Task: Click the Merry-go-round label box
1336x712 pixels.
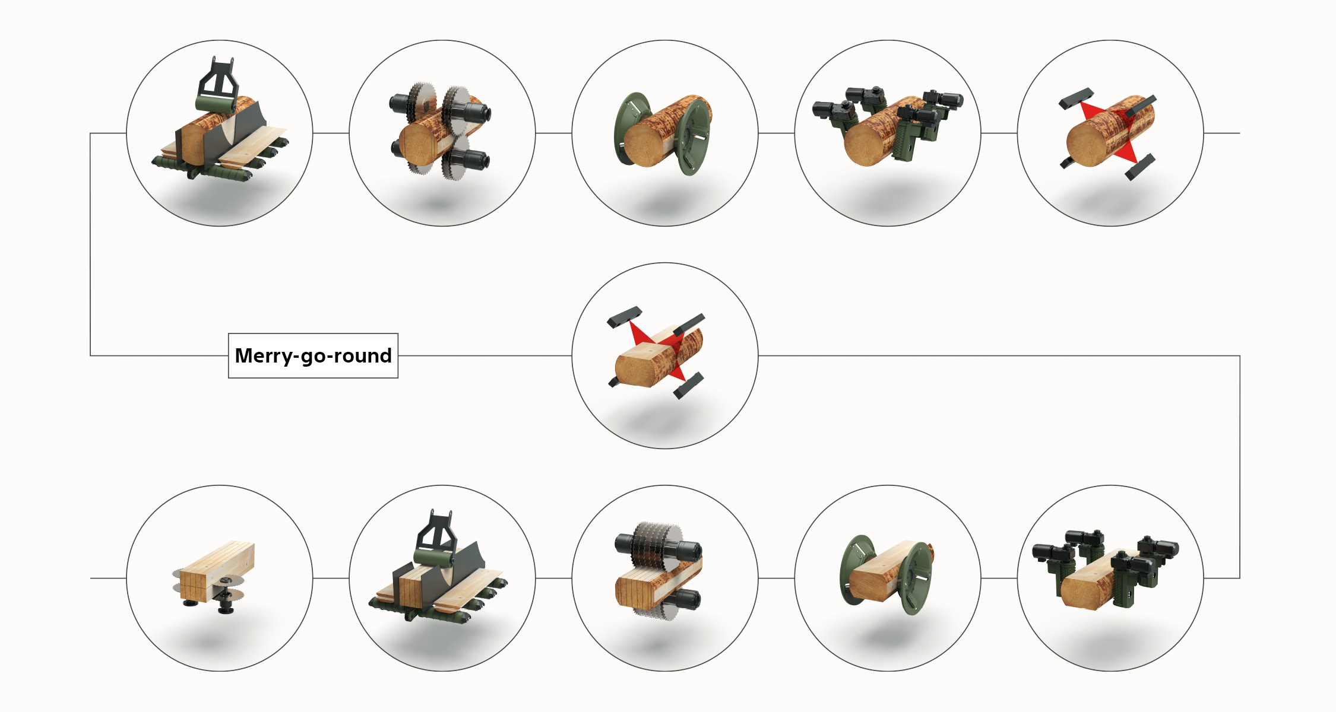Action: click(313, 355)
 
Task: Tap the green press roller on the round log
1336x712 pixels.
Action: click(216, 104)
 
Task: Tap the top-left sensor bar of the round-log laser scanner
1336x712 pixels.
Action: click(1076, 98)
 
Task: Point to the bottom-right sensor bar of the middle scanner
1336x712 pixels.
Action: click(688, 386)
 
